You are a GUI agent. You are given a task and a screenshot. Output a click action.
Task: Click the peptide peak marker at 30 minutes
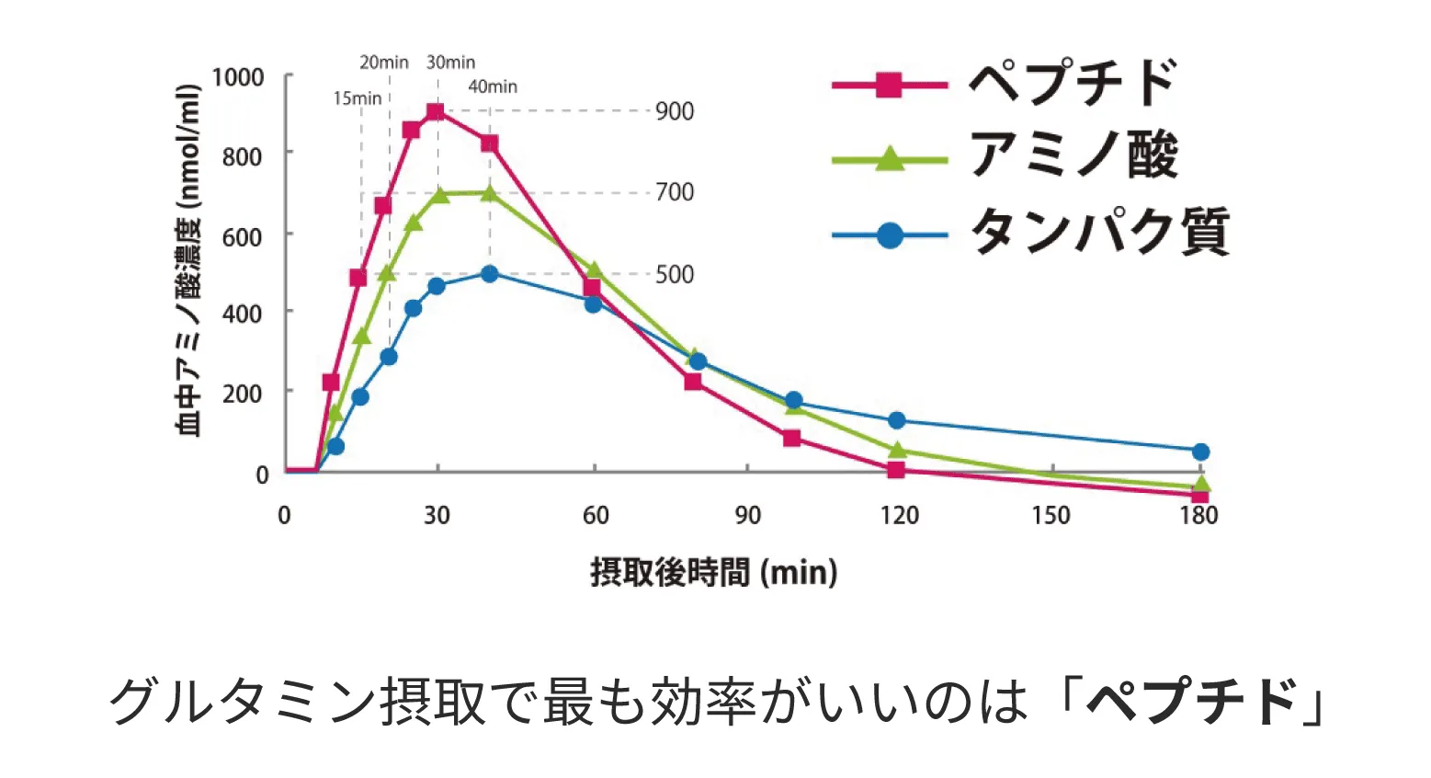point(436,112)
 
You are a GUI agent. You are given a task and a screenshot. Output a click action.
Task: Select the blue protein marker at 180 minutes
point(1200,452)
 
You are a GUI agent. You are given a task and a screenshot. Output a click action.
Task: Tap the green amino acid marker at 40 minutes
point(489,193)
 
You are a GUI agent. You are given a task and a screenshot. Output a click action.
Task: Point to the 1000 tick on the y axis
point(238,77)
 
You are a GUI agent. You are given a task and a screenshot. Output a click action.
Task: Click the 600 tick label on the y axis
point(242,236)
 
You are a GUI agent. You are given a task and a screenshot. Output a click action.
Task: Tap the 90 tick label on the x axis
point(747,516)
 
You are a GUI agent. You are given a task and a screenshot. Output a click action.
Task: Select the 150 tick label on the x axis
point(1051,516)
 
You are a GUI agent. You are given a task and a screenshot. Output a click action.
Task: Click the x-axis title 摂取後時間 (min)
point(713,573)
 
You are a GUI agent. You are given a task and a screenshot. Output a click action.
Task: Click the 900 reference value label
point(675,111)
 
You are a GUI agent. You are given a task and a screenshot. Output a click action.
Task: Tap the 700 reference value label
point(675,192)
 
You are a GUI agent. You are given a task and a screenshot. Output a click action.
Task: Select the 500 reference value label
point(675,274)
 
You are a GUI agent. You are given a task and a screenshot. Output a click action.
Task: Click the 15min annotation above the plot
point(357,98)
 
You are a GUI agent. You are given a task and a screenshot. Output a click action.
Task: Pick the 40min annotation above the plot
point(493,87)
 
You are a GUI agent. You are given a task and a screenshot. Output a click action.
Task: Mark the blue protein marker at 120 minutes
point(896,420)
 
